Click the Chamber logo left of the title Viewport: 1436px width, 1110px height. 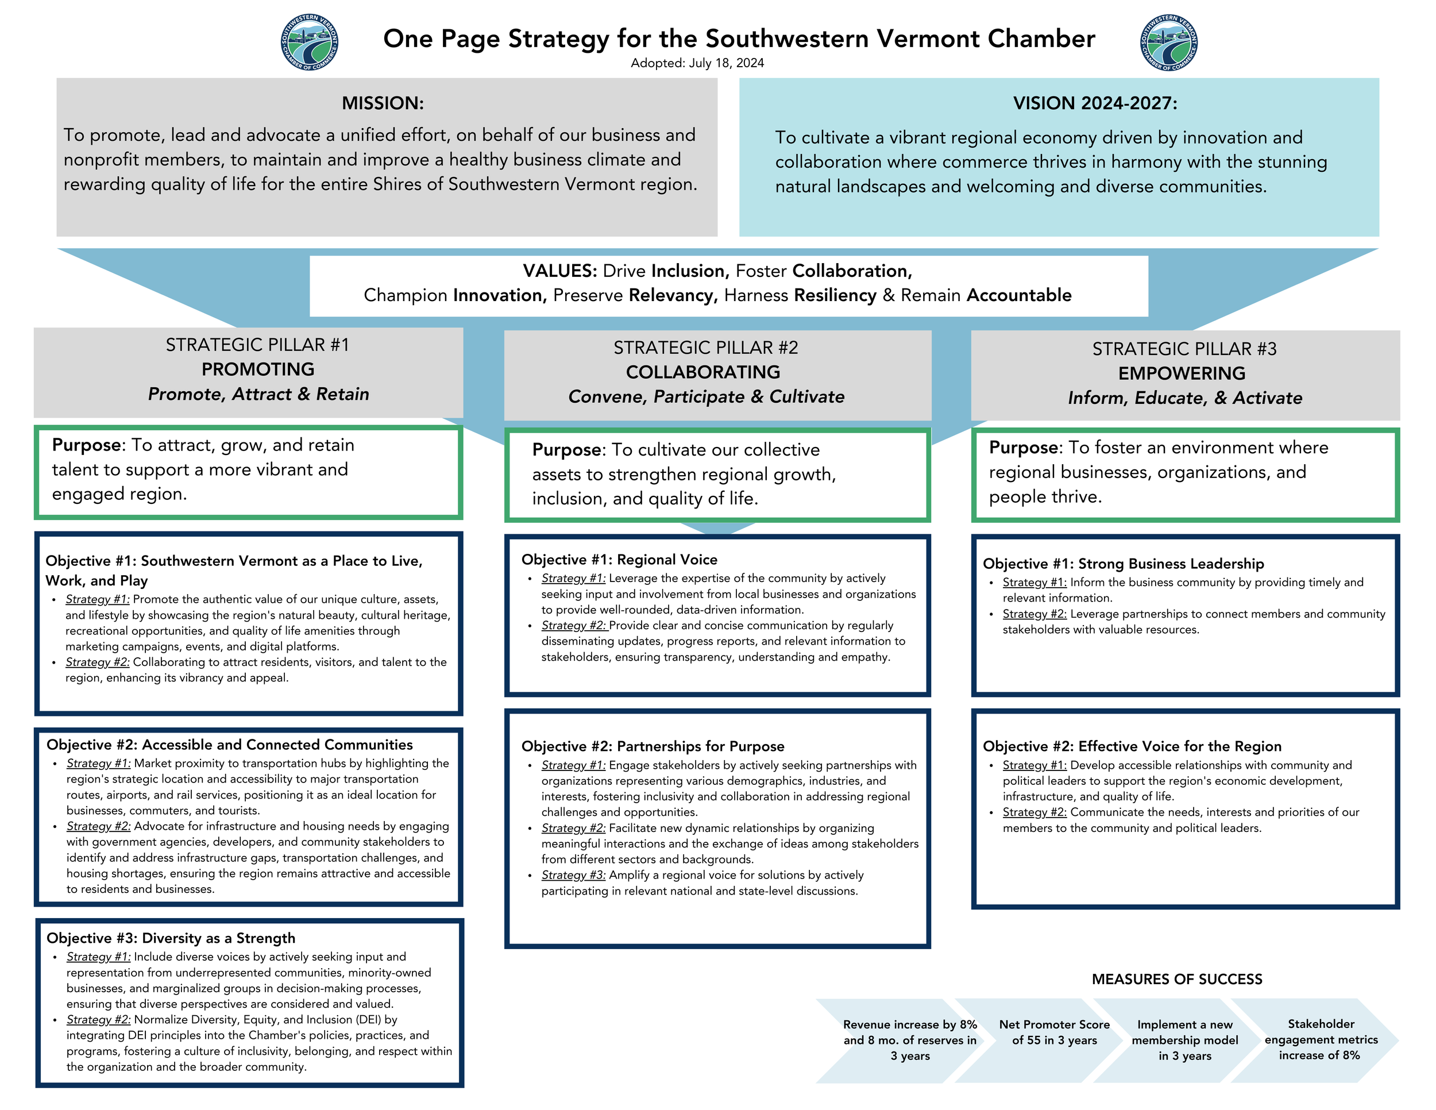[x=309, y=42]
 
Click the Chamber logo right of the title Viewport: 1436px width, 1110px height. [x=1168, y=42]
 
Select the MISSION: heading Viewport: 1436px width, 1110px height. [x=383, y=103]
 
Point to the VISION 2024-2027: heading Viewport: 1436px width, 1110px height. [x=1095, y=103]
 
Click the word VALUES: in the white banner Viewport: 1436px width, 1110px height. [x=559, y=271]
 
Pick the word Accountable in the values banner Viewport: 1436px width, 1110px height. [x=1018, y=295]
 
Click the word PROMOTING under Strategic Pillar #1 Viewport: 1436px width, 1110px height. [x=258, y=369]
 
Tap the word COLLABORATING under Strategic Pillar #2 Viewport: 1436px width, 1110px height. [x=703, y=372]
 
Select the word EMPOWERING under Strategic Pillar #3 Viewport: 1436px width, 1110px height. [x=1182, y=373]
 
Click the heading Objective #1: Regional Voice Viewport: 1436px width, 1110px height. [x=619, y=560]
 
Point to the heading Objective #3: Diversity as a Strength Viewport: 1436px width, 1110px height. [x=171, y=938]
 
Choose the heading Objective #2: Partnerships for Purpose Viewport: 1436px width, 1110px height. [x=653, y=746]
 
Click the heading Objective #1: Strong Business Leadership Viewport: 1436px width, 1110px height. [x=1123, y=564]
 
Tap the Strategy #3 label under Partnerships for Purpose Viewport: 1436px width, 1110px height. [x=573, y=875]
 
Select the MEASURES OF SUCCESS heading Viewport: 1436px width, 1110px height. [x=1177, y=979]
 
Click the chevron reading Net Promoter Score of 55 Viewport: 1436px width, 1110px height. [x=1054, y=1032]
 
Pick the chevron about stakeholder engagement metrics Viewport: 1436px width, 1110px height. [x=1321, y=1040]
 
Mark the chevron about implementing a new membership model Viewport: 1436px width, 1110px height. [x=1185, y=1040]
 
